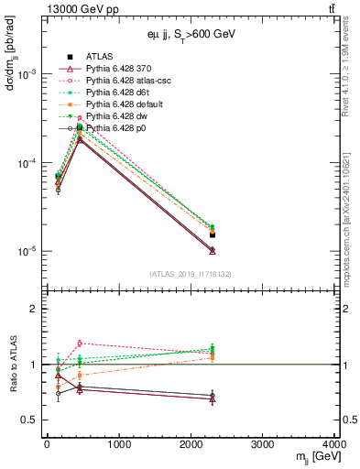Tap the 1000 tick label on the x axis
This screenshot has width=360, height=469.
(x=118, y=446)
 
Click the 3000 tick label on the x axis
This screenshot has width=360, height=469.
(x=263, y=446)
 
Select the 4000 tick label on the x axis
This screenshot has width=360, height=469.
(x=333, y=446)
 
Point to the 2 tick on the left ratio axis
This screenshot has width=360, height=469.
(x=35, y=310)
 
